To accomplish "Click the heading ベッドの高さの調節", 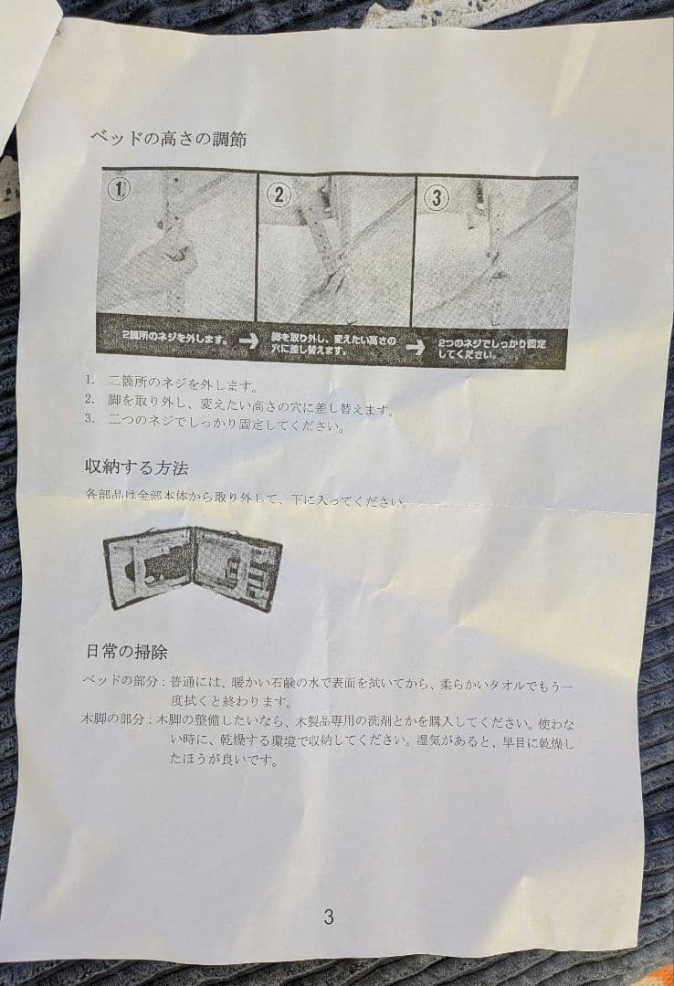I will (x=167, y=139).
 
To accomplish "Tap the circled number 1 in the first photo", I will (x=120, y=189).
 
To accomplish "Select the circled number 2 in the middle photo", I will (x=279, y=194).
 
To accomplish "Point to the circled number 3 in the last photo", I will (x=437, y=197).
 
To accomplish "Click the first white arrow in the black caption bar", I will (x=247, y=341).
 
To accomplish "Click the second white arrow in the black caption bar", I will (x=416, y=347).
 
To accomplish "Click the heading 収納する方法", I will (x=136, y=467).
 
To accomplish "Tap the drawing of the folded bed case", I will (x=192, y=567).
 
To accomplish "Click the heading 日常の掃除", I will (x=126, y=652).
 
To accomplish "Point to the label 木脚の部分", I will (x=113, y=720).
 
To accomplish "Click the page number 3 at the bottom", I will (x=328, y=917).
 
